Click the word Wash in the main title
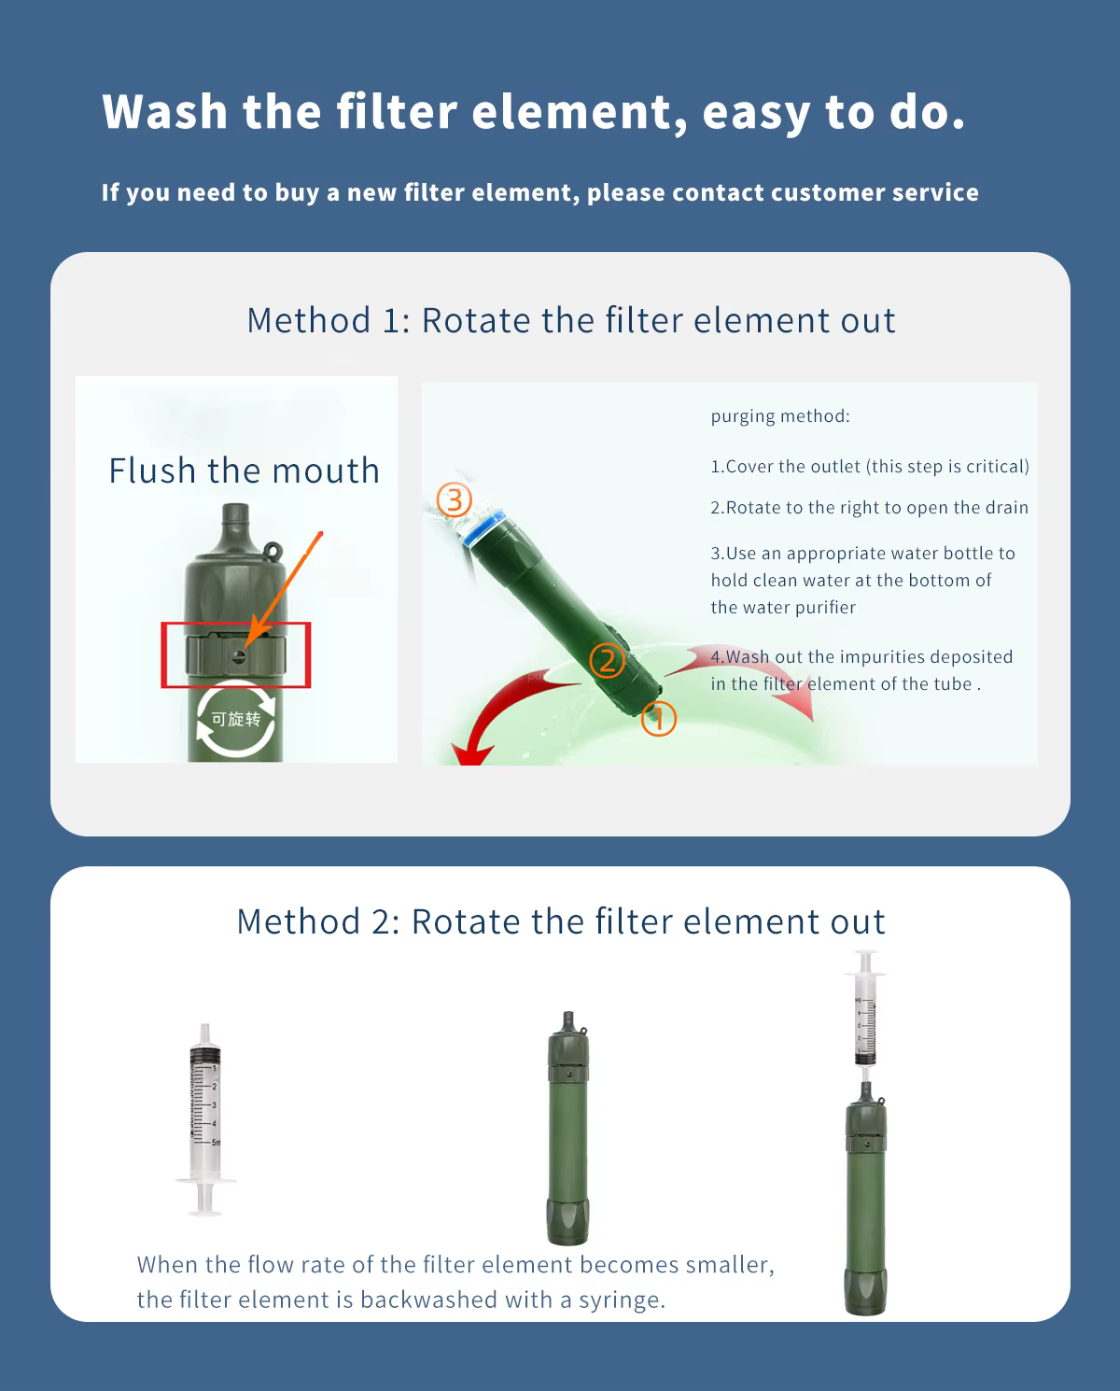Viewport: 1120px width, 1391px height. (165, 112)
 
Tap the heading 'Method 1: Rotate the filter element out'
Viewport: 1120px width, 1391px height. (571, 320)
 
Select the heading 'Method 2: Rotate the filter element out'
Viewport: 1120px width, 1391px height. (561, 921)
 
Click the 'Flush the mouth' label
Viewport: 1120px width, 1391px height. (244, 470)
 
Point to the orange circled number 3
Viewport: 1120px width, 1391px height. (454, 500)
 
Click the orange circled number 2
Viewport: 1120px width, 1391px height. (607, 661)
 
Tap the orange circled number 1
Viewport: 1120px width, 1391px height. (659, 719)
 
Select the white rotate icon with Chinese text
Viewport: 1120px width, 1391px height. (236, 719)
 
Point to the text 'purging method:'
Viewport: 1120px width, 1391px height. (780, 416)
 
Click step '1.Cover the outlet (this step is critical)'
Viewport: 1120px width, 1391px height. (870, 467)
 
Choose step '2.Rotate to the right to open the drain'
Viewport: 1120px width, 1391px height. (869, 508)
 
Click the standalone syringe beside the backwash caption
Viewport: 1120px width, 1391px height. (205, 1119)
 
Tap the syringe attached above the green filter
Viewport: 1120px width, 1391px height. (865, 1009)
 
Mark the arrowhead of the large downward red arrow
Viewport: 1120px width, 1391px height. (473, 753)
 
